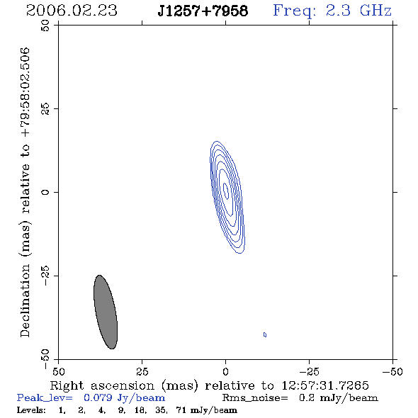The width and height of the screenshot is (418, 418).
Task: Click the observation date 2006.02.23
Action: [72, 11]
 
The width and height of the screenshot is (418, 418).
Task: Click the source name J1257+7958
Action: [203, 11]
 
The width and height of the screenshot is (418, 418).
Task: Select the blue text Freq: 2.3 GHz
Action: [332, 11]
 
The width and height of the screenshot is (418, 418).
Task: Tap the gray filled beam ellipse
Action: [106, 312]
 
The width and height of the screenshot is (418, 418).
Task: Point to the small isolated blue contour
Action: [265, 334]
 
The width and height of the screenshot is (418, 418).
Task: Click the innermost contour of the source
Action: [225, 191]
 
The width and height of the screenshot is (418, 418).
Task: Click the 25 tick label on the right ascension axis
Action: [142, 371]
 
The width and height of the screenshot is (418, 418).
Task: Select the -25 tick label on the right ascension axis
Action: [309, 371]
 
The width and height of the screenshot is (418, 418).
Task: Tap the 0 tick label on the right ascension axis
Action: [225, 371]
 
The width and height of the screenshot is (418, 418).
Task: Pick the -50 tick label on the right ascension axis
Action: [392, 371]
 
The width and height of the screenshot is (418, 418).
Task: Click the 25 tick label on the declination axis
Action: [45, 109]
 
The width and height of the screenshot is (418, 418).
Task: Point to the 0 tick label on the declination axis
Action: [45, 192]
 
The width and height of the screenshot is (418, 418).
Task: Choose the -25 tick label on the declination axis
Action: [45, 276]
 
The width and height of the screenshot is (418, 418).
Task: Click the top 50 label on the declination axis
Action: [45, 26]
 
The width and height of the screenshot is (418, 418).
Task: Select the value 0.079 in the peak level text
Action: [98, 397]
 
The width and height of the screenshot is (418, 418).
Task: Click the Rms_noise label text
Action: [255, 397]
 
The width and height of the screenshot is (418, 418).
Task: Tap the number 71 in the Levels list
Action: [181, 410]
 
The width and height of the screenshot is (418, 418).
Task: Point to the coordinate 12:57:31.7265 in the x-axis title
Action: [325, 385]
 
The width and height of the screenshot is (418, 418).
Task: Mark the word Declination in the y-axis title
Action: [25, 300]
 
